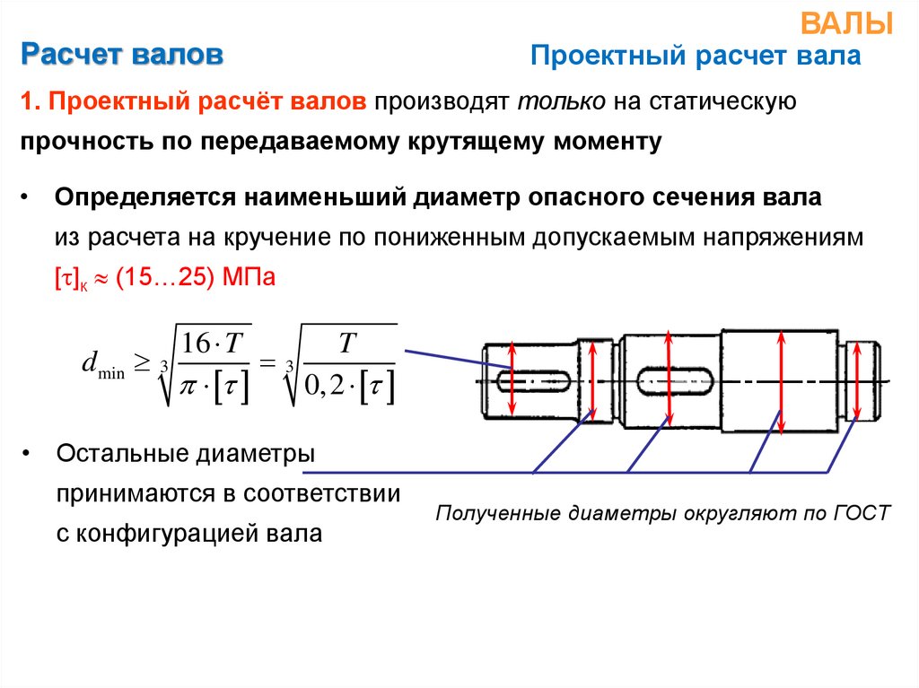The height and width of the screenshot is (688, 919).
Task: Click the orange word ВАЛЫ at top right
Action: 859,23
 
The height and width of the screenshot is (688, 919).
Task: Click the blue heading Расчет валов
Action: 122,56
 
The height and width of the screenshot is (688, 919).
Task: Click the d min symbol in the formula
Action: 101,366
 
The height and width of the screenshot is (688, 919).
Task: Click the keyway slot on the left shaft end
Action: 536,380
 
